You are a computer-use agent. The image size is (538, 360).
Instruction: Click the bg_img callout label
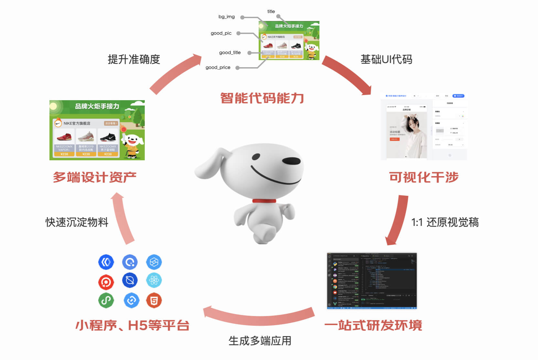tap(226, 17)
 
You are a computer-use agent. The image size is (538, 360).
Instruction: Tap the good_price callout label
tap(218, 68)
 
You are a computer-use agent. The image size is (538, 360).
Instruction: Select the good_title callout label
tap(230, 53)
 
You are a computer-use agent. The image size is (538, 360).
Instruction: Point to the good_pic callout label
tap(221, 33)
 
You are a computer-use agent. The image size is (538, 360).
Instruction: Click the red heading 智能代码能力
tap(262, 98)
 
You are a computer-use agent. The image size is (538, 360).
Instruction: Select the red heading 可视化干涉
tap(424, 177)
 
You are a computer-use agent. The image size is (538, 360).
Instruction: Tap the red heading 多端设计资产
tap(94, 177)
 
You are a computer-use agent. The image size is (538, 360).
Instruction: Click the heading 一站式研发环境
tap(373, 325)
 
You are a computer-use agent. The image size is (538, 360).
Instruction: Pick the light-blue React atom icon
tap(154, 281)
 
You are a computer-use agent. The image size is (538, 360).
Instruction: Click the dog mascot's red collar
tap(264, 201)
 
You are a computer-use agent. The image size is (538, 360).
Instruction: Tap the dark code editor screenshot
tap(372, 281)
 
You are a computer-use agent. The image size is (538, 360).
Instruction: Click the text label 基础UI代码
tap(386, 59)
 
